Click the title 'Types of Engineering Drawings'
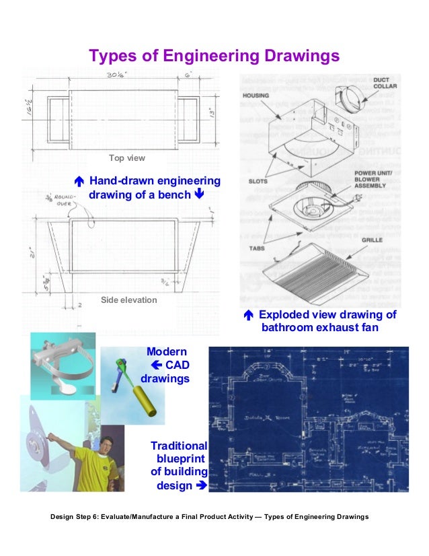[x=214, y=55]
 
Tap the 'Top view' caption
[x=127, y=158]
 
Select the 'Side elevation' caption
[x=128, y=299]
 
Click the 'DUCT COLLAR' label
[x=385, y=83]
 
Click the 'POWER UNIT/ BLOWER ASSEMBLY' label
[x=374, y=180]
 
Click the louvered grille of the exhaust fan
[x=316, y=273]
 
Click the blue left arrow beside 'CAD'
[x=156, y=365]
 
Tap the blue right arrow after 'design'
[x=199, y=485]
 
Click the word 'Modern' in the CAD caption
[x=167, y=351]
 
